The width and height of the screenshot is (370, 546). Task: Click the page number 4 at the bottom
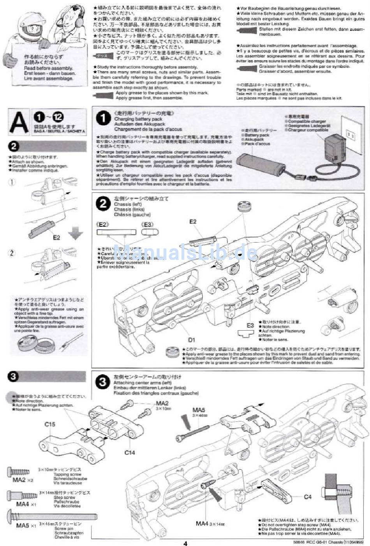pos(185,543)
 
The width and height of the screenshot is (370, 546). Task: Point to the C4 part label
pos(308,497)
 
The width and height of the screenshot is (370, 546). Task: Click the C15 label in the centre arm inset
pos(49,424)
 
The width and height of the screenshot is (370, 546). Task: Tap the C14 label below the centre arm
pos(130,453)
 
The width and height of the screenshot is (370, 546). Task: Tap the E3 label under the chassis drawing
pos(250,325)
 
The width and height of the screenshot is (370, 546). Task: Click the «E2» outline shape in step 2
pos(116,232)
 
